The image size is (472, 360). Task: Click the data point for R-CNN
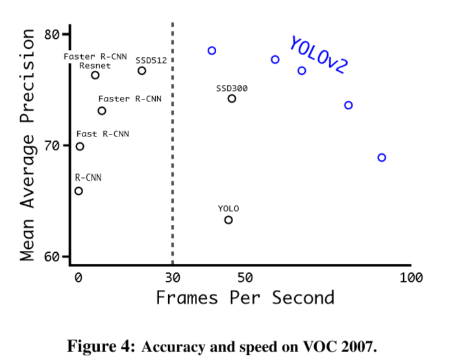click(x=79, y=190)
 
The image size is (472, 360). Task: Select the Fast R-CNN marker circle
click(x=80, y=146)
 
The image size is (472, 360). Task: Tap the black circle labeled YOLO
click(x=229, y=220)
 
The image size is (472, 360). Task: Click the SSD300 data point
click(x=232, y=98)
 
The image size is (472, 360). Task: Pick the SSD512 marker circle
click(x=142, y=70)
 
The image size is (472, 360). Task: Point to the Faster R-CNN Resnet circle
click(x=95, y=75)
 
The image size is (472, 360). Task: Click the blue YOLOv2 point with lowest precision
click(x=382, y=157)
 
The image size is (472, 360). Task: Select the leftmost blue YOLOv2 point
click(x=212, y=50)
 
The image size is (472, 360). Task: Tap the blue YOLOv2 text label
click(x=319, y=55)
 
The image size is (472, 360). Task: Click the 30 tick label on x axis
click(x=172, y=278)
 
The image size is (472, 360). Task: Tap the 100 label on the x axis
click(x=411, y=278)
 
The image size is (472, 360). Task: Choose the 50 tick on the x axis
click(x=245, y=278)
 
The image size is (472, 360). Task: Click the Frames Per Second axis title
click(x=245, y=298)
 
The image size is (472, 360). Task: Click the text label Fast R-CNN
click(x=103, y=134)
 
